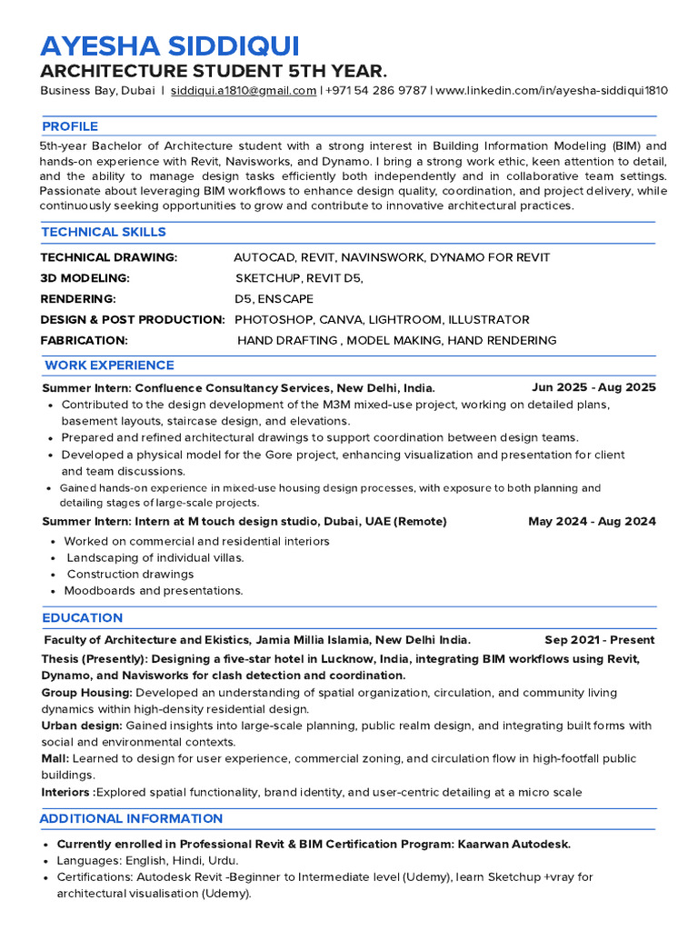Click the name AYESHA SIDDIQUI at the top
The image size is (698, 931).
pos(169,46)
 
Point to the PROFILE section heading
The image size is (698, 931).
pos(70,126)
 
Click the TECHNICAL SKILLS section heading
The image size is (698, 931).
pos(104,232)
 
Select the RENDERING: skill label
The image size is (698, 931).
pos(78,299)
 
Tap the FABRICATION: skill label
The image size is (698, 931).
pos(84,340)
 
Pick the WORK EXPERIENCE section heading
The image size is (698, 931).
pos(109,365)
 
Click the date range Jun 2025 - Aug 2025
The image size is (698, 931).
pos(593,387)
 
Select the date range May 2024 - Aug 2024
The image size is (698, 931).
pos(592,522)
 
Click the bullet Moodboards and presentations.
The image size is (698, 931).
pos(153,591)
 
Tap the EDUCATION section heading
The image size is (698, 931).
pos(82,617)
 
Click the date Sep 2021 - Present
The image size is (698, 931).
pos(599,640)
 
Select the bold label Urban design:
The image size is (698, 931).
pos(82,726)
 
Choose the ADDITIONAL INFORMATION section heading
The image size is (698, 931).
pos(131,819)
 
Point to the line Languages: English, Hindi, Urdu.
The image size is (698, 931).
pos(147,860)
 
